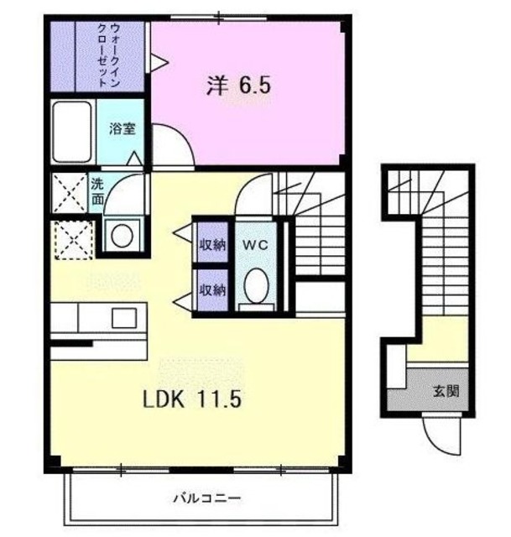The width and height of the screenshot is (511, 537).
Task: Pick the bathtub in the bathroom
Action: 72,132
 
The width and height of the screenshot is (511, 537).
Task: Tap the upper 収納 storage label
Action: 212,245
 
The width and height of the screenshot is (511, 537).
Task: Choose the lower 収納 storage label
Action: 212,290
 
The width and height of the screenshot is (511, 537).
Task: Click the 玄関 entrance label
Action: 445,390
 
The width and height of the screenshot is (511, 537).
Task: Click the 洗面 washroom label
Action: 98,191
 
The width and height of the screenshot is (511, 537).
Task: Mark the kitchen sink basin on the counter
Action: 125,317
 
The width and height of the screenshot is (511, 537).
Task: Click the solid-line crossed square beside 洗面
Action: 68,192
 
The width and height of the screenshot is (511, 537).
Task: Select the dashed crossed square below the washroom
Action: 70,238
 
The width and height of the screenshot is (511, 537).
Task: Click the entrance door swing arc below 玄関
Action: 441,433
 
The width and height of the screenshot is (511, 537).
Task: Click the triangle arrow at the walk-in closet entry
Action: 157,60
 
